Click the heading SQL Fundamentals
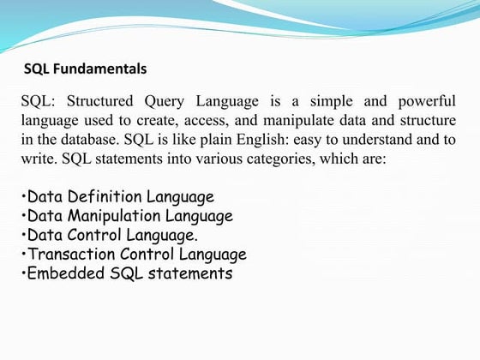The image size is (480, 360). coord(85,68)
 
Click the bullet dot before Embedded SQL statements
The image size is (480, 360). coord(23,274)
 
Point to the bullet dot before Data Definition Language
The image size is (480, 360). coord(23,198)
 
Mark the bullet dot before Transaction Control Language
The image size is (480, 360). coord(23,255)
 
